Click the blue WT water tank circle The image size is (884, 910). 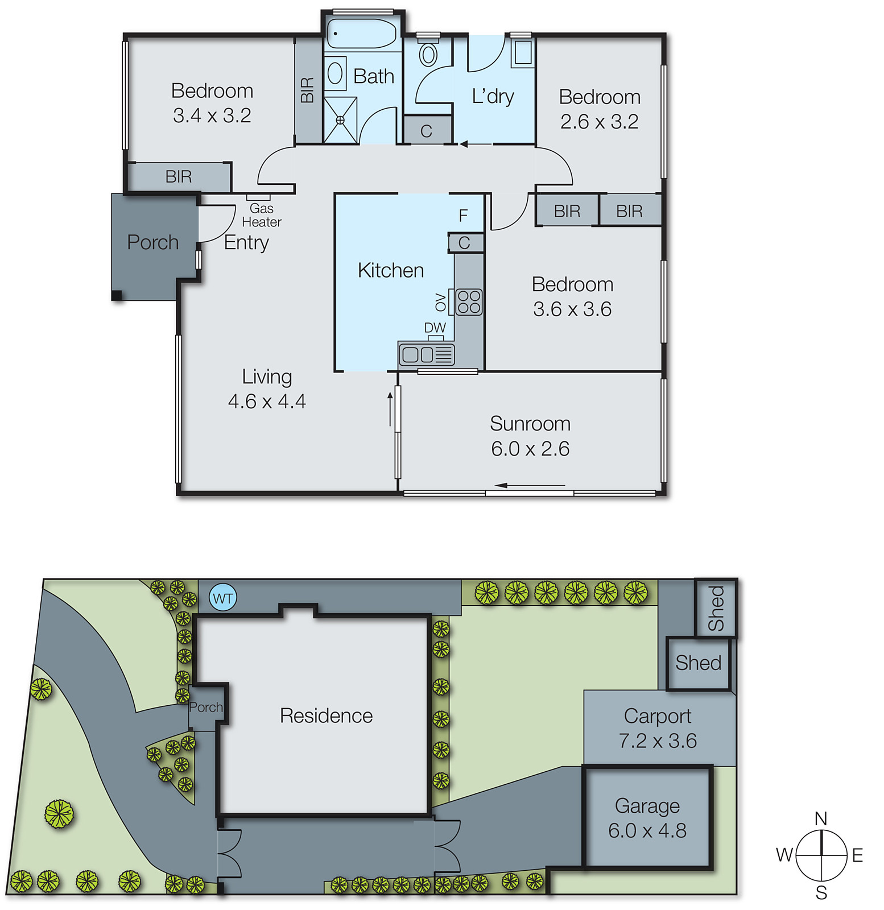pyautogui.click(x=222, y=598)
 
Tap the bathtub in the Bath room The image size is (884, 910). pyautogui.click(x=361, y=34)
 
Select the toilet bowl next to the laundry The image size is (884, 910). pyautogui.click(x=428, y=55)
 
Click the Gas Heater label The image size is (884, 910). pyautogui.click(x=261, y=215)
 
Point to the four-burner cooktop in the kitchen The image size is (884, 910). pyautogui.click(x=469, y=302)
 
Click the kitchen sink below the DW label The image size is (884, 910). pyautogui.click(x=427, y=354)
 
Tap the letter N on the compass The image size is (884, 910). pyautogui.click(x=820, y=818)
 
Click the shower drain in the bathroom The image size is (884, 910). pyautogui.click(x=340, y=120)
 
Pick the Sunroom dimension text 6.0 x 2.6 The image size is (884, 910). pyautogui.click(x=530, y=449)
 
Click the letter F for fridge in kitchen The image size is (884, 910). pyautogui.click(x=463, y=216)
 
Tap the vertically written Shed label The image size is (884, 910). pyautogui.click(x=716, y=608)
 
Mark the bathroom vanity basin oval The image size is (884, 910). pyautogui.click(x=335, y=73)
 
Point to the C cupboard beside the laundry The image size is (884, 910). pyautogui.click(x=426, y=131)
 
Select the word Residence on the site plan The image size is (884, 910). pyautogui.click(x=326, y=715)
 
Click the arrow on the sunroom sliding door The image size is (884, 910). pyautogui.click(x=529, y=485)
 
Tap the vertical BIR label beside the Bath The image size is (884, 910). pyautogui.click(x=307, y=90)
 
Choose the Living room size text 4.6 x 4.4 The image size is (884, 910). pyautogui.click(x=267, y=402)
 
